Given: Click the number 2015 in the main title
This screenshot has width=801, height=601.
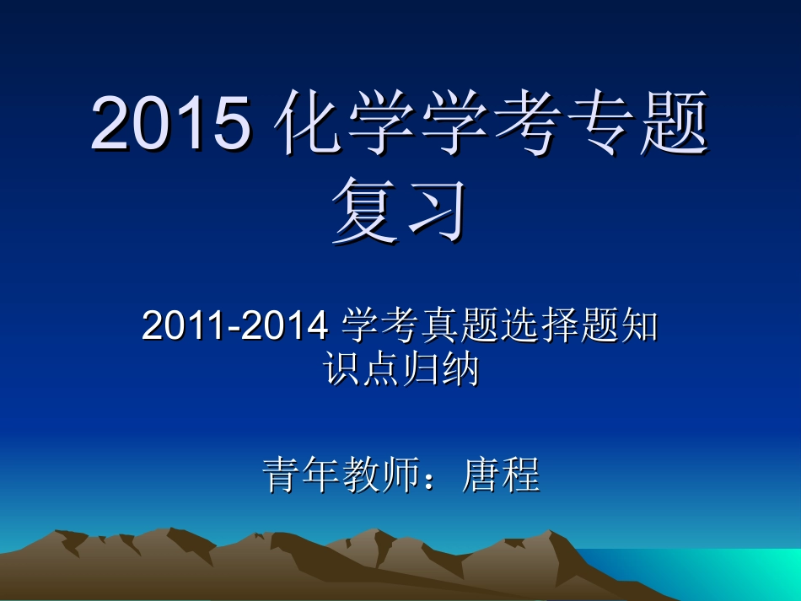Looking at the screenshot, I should pyautogui.click(x=171, y=124).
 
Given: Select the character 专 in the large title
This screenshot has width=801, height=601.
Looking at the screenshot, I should pyautogui.click(x=600, y=124).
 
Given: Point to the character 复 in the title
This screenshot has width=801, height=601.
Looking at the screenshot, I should pyautogui.click(x=364, y=210).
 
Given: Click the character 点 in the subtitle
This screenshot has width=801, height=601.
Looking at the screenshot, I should pyautogui.click(x=382, y=369).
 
